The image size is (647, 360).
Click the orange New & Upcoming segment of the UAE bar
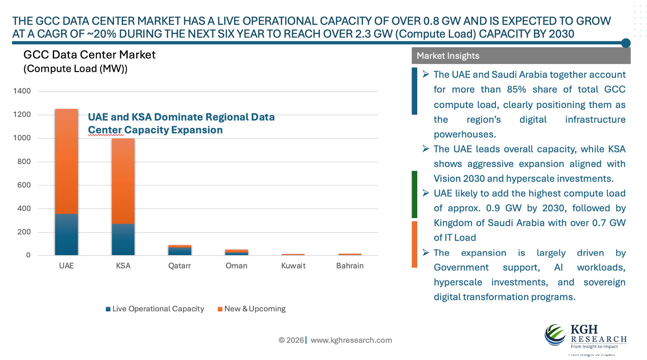(67, 161)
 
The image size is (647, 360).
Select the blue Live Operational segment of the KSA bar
(123, 239)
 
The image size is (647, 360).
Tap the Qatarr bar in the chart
(180, 250)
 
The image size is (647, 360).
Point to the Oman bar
(237, 252)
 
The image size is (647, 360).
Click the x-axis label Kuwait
(293, 266)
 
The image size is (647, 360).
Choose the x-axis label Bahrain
(350, 266)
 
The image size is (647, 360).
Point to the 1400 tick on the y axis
(22, 91)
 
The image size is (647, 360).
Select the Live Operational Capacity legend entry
(155, 309)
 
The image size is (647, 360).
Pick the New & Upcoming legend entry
(252, 309)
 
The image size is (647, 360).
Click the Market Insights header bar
(521, 56)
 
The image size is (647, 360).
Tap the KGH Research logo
(585, 335)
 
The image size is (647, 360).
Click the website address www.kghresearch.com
(351, 340)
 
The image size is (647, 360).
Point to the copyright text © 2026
(291, 340)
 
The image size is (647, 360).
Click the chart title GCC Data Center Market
(89, 55)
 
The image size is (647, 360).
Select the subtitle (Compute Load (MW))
(75, 69)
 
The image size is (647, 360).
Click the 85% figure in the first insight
(516, 89)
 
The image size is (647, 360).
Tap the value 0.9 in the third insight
(493, 208)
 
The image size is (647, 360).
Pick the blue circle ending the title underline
(626, 43)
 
